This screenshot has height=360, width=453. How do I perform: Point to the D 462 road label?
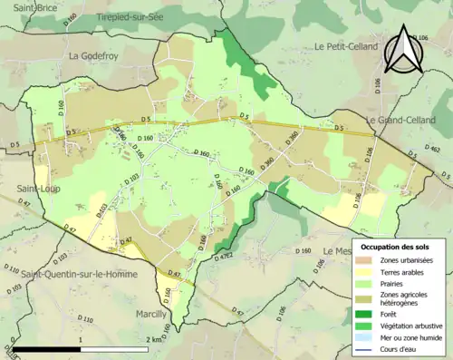[433, 150]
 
